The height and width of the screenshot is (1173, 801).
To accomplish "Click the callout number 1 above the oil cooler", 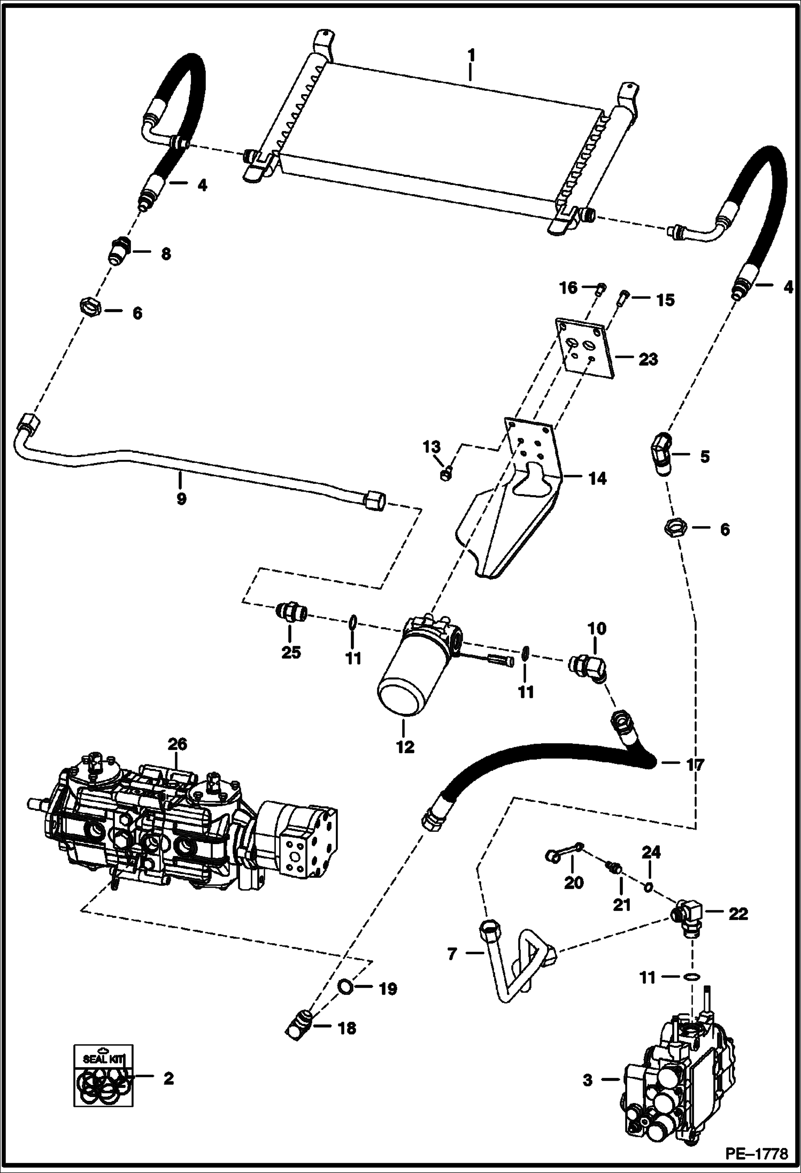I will pyautogui.click(x=471, y=55).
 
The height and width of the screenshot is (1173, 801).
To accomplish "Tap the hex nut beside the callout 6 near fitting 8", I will pyautogui.click(x=90, y=308).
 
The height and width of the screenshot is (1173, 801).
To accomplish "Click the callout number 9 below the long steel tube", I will pyautogui.click(x=181, y=499).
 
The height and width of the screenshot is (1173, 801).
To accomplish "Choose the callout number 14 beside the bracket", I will pyautogui.click(x=597, y=479).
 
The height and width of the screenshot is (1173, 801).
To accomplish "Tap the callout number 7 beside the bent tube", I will pyautogui.click(x=452, y=953).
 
